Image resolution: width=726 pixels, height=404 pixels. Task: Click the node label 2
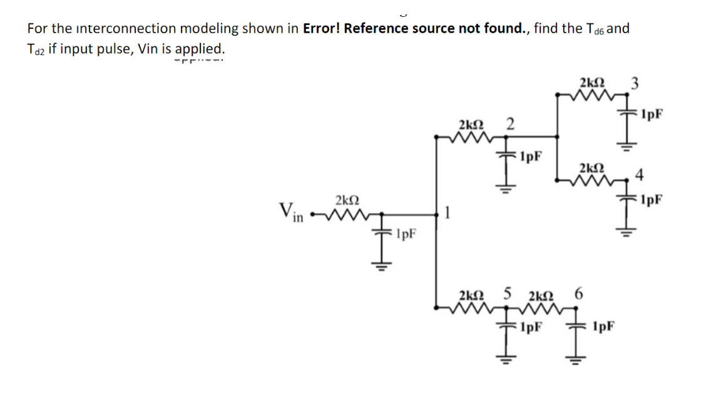pos(510,124)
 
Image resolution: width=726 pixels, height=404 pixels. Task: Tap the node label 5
pos(508,293)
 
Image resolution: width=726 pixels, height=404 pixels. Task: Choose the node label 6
pos(578,293)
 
